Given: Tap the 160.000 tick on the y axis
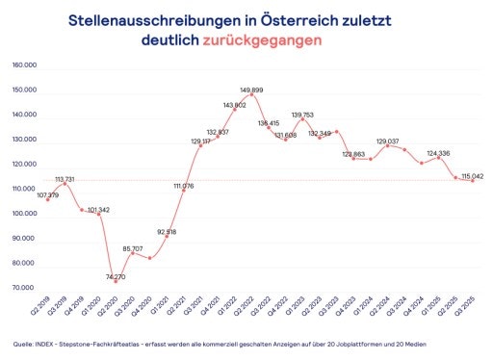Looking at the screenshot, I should (x=24, y=65).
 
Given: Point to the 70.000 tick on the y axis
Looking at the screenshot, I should (x=24, y=288).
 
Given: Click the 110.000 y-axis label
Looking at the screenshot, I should (x=24, y=189).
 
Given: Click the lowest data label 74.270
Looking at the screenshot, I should (x=113, y=276).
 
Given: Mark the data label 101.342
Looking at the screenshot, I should (x=99, y=209).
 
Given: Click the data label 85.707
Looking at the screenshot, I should (x=133, y=247).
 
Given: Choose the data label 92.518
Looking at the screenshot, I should (x=165, y=231).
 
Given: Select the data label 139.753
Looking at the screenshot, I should (x=303, y=115).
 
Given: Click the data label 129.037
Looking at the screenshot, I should (x=386, y=141).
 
